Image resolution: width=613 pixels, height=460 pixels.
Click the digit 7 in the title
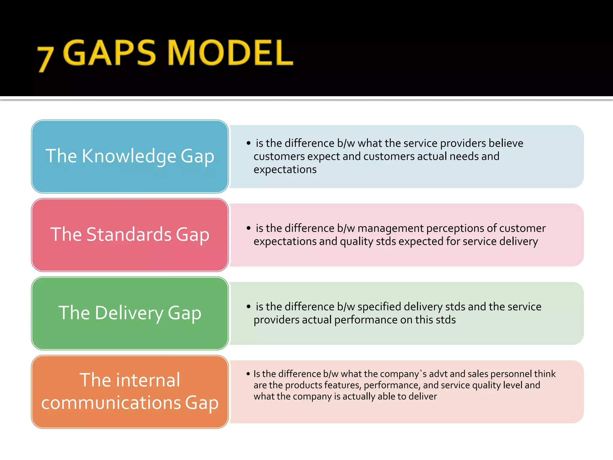tap(45, 59)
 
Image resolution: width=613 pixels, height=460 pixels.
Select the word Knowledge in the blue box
tap(129, 156)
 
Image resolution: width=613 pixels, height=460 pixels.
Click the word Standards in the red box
tap(129, 234)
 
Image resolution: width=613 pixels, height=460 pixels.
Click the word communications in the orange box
tap(111, 403)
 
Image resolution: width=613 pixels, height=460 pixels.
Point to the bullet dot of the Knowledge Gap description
tap(248, 143)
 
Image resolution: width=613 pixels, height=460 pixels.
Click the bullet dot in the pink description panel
tap(248, 228)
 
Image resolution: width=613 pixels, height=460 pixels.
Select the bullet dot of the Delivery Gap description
tap(248, 307)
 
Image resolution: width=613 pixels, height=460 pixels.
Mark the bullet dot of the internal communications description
tap(248, 374)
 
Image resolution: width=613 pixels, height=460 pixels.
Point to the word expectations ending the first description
tap(285, 170)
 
